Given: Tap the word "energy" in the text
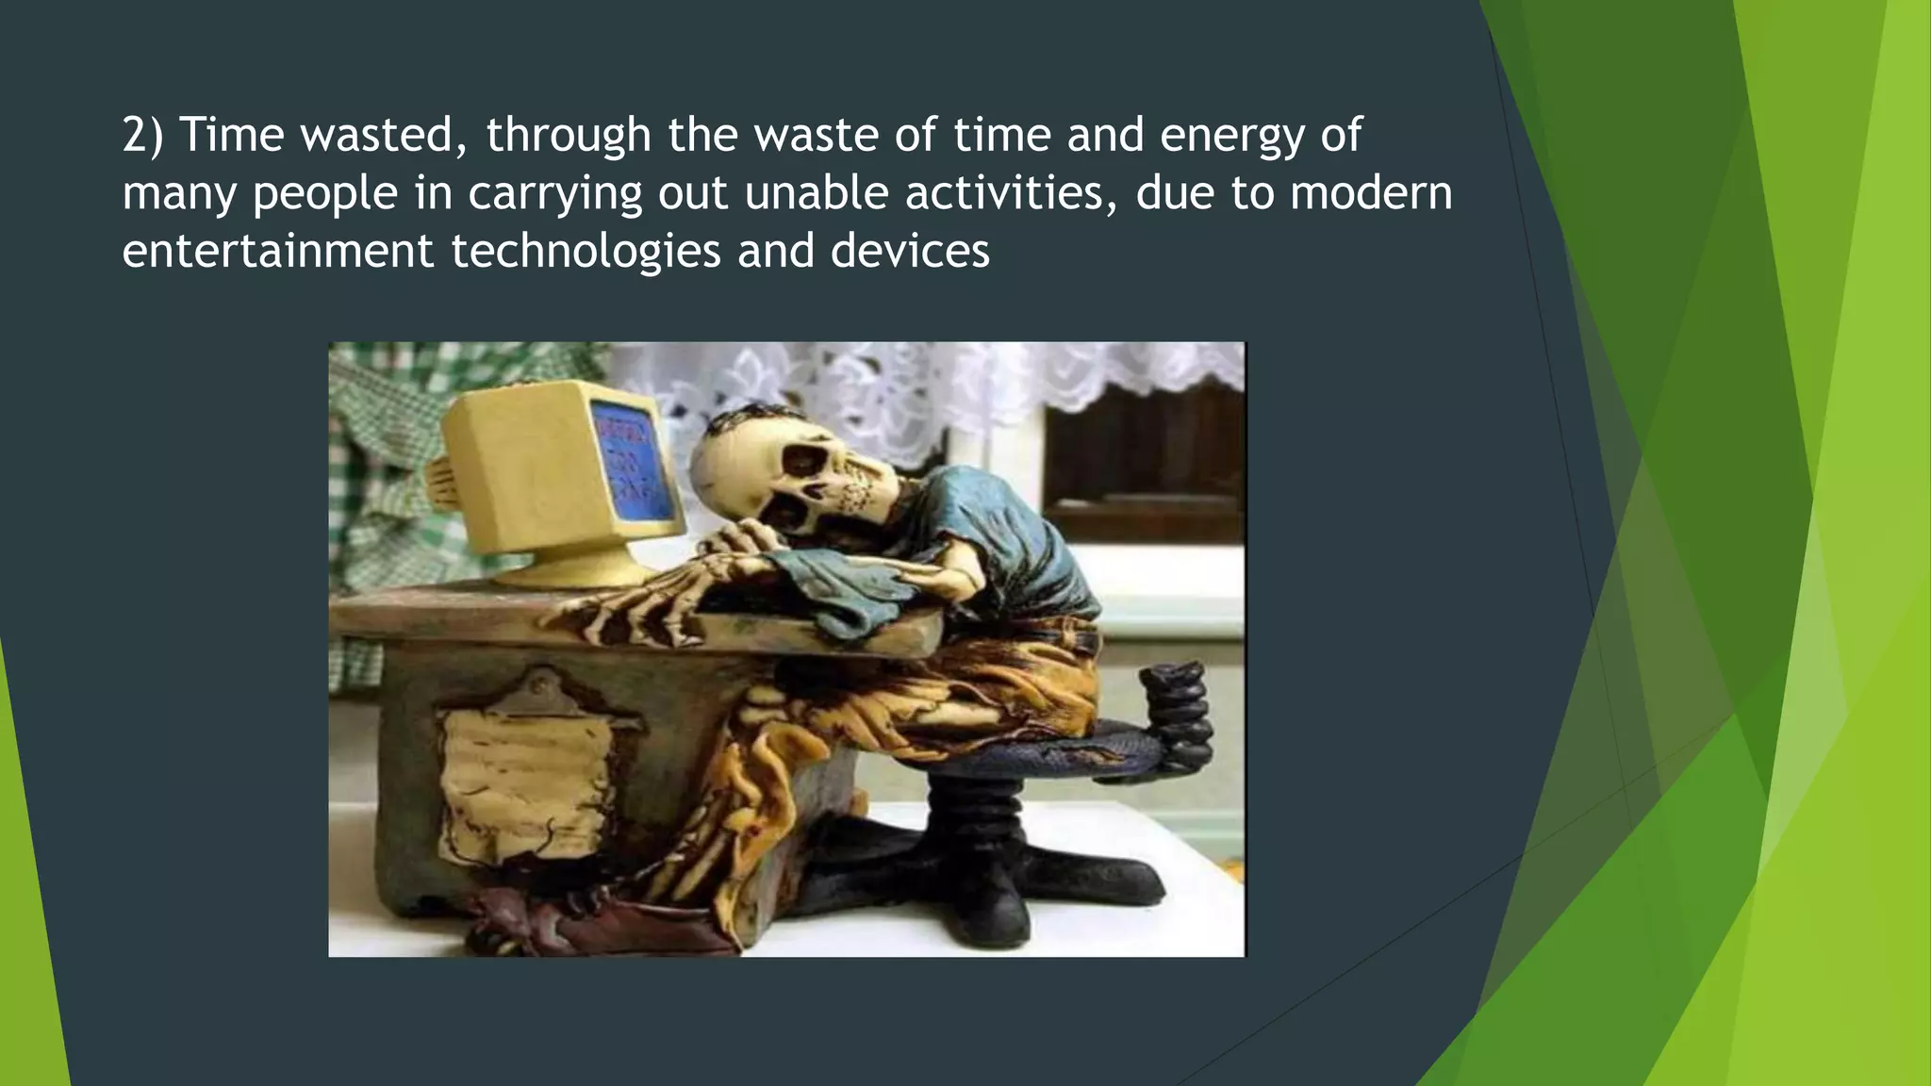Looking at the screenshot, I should (x=1230, y=135).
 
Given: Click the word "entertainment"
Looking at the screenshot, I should (x=278, y=252).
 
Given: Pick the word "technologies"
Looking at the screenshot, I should (x=585, y=252).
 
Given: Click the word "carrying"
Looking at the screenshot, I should (x=555, y=193).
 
